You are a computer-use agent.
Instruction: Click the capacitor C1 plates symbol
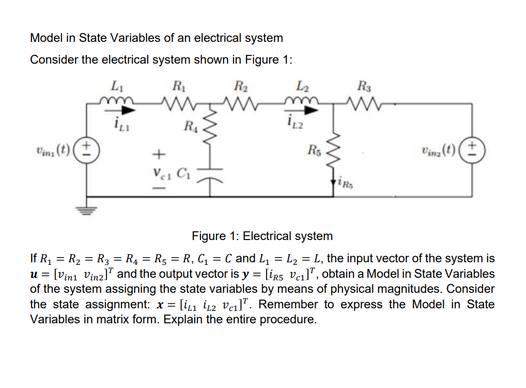210,173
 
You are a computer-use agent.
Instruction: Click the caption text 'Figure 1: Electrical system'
262,236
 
